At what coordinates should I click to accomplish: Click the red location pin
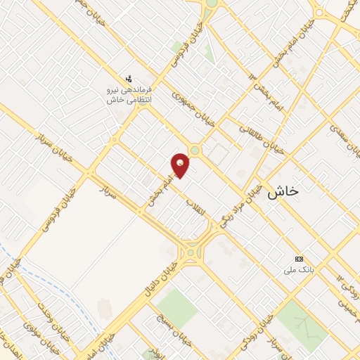pos(181,165)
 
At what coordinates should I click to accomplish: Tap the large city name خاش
pos(283,191)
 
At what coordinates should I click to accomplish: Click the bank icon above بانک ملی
pos(300,259)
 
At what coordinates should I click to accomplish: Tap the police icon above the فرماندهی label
pos(128,79)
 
